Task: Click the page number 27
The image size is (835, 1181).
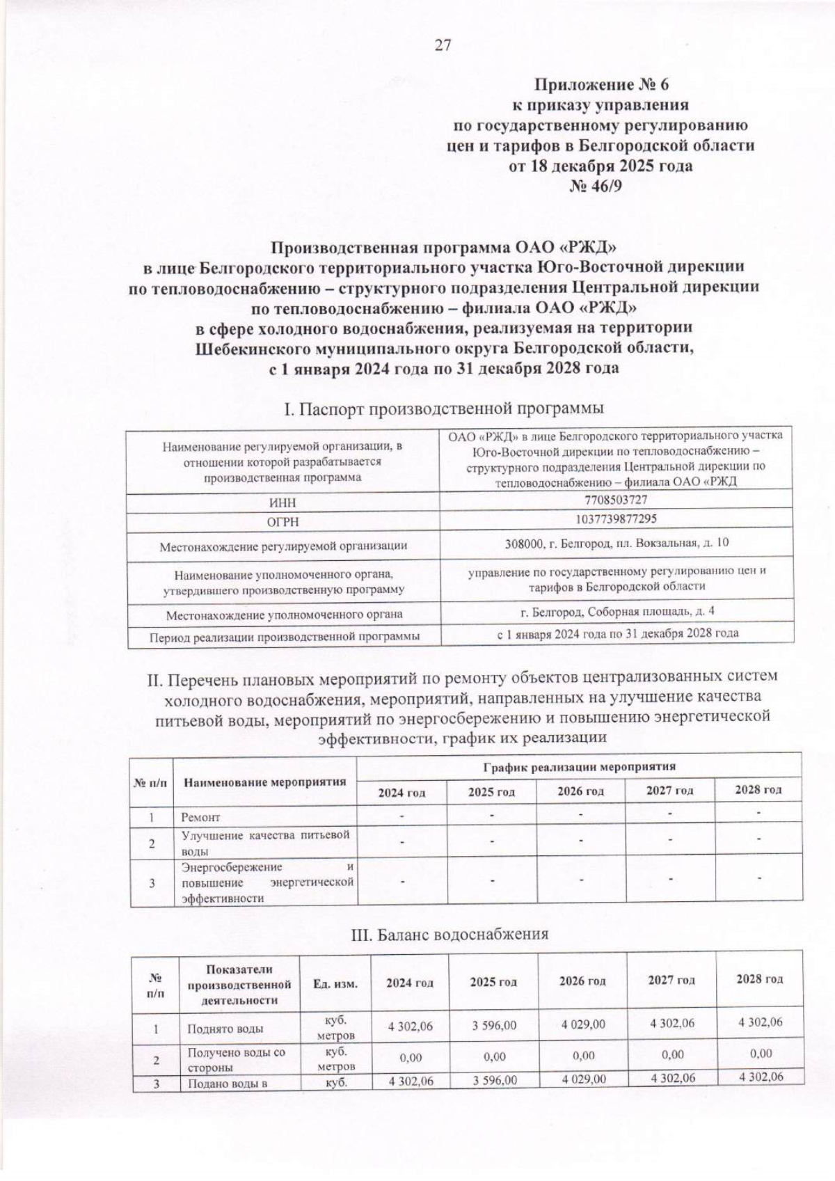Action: (x=443, y=46)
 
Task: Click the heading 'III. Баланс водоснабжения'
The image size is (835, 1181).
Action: (x=449, y=935)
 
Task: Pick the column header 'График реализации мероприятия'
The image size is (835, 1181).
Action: (x=579, y=767)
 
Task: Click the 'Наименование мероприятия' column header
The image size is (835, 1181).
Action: (x=264, y=782)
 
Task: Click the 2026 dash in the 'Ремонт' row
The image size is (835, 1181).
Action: (x=580, y=814)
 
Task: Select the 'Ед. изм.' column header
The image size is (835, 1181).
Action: (x=335, y=983)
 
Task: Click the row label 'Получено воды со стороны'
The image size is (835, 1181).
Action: (x=237, y=1060)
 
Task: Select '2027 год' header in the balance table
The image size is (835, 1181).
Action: (x=671, y=980)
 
